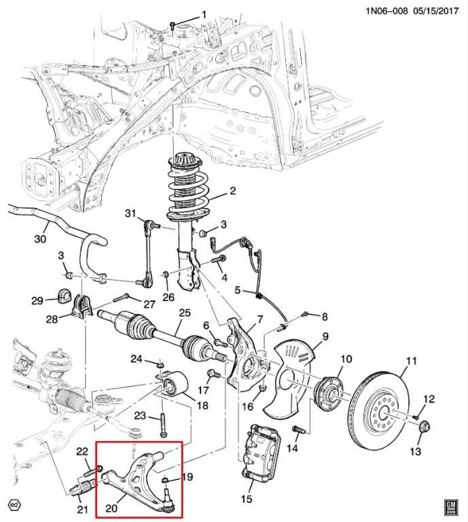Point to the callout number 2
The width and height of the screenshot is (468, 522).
[x=232, y=191]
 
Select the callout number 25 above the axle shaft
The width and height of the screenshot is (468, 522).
[x=183, y=313]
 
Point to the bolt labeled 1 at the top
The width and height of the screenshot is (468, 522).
[x=173, y=25]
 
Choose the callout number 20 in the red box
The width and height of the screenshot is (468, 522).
[x=112, y=505]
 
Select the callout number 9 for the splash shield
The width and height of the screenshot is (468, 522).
[x=325, y=336]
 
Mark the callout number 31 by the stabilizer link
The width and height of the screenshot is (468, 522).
[x=130, y=215]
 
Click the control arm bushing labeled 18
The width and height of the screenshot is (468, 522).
[x=175, y=386]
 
